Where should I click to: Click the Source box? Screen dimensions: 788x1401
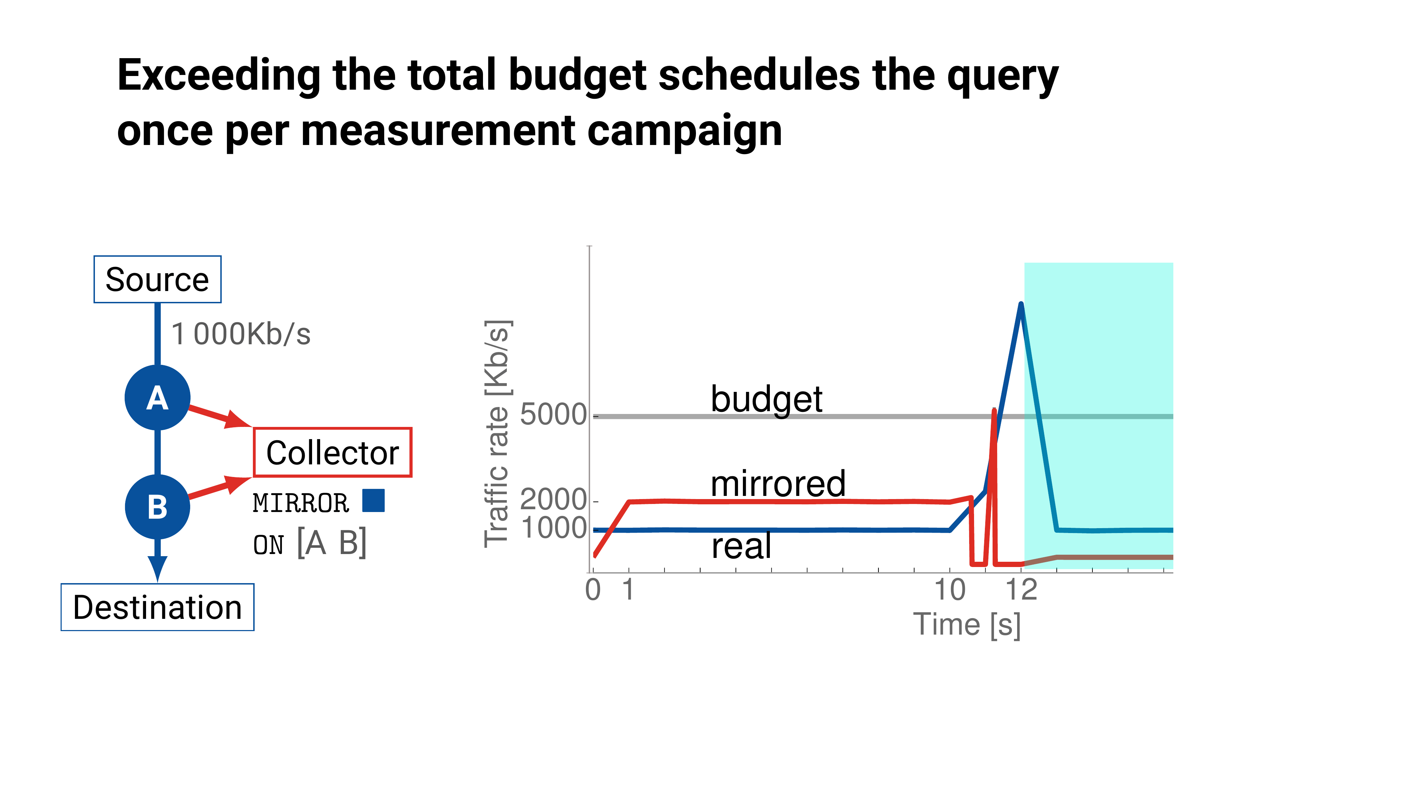(157, 279)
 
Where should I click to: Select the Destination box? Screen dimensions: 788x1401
(157, 607)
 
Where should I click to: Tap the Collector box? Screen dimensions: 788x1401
(332, 452)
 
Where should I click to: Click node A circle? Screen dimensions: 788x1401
(157, 398)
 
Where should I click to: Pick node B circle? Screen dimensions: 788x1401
(157, 507)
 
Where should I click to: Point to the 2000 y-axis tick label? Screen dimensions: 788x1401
(553, 499)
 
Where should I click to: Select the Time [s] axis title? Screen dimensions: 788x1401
(967, 624)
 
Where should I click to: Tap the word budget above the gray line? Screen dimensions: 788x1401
(766, 400)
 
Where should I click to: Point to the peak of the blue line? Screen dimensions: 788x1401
(1021, 305)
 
